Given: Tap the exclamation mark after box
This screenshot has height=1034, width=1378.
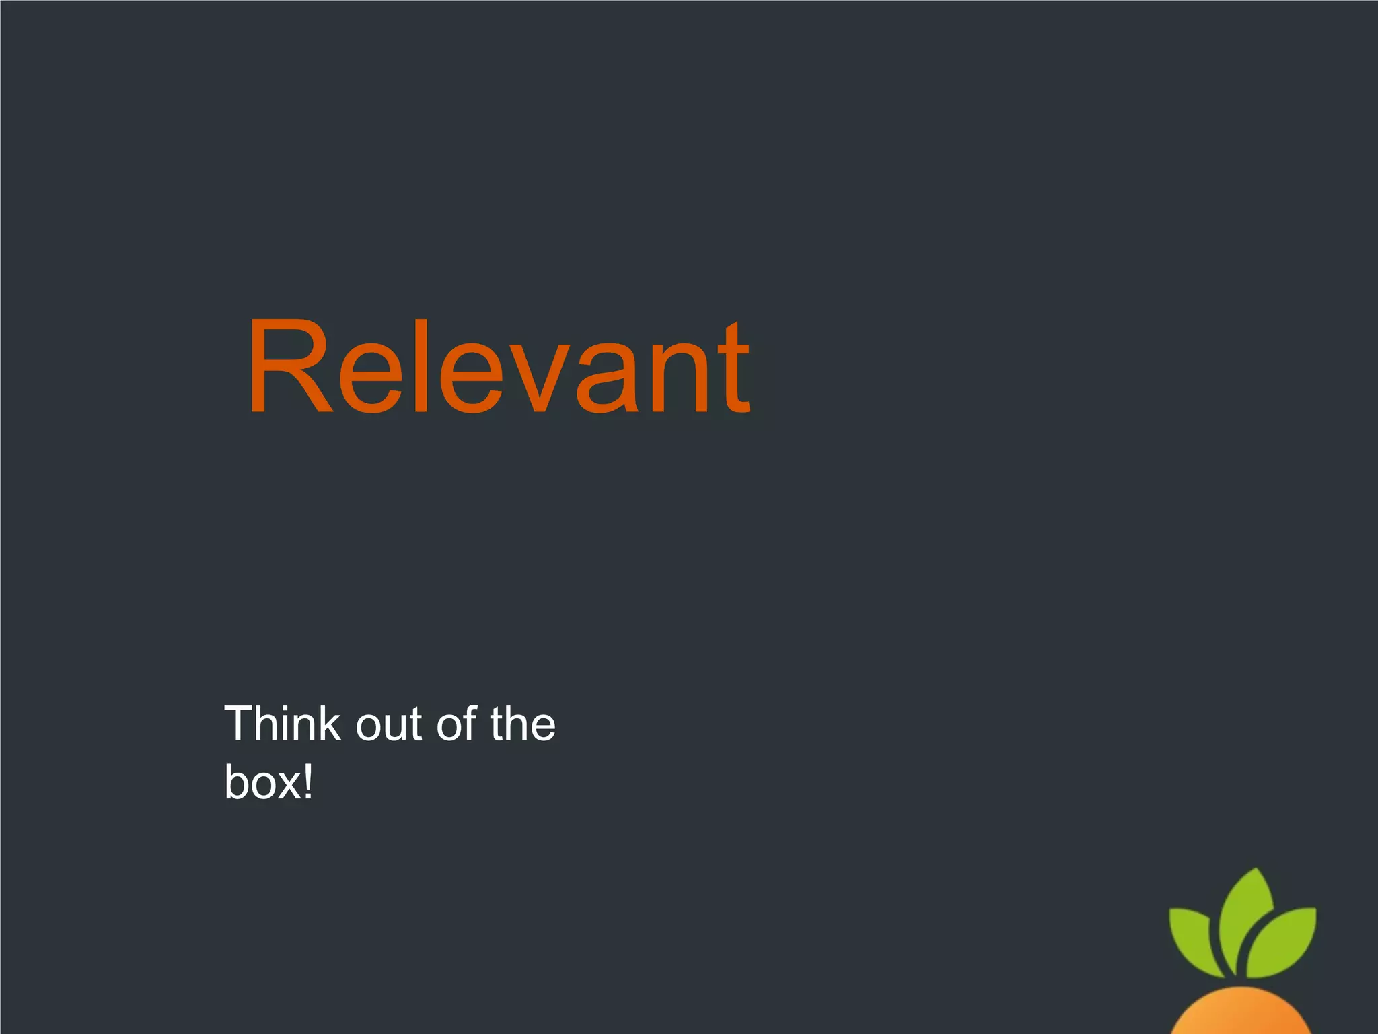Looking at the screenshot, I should (x=307, y=781).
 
